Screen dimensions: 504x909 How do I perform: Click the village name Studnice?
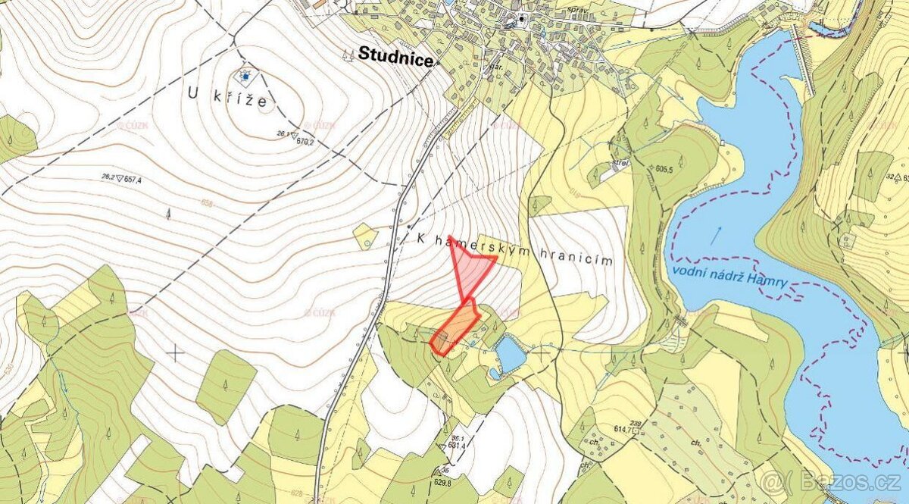(x=395, y=55)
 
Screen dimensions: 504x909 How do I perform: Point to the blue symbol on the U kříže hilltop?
(x=245, y=75)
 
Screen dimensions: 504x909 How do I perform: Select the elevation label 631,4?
(x=457, y=445)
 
